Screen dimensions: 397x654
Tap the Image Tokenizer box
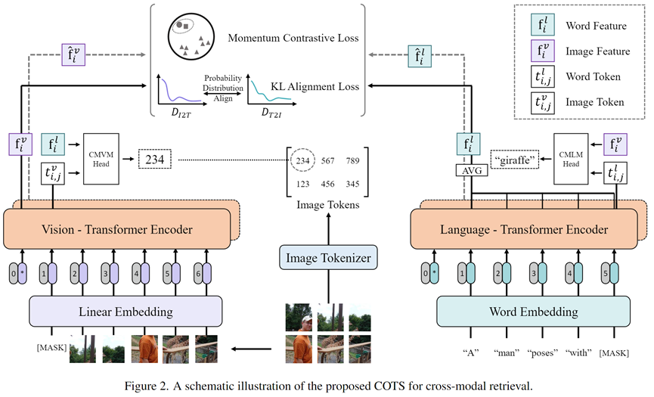coord(327,259)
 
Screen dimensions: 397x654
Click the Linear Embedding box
coord(125,312)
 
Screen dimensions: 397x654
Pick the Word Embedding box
coord(533,312)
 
